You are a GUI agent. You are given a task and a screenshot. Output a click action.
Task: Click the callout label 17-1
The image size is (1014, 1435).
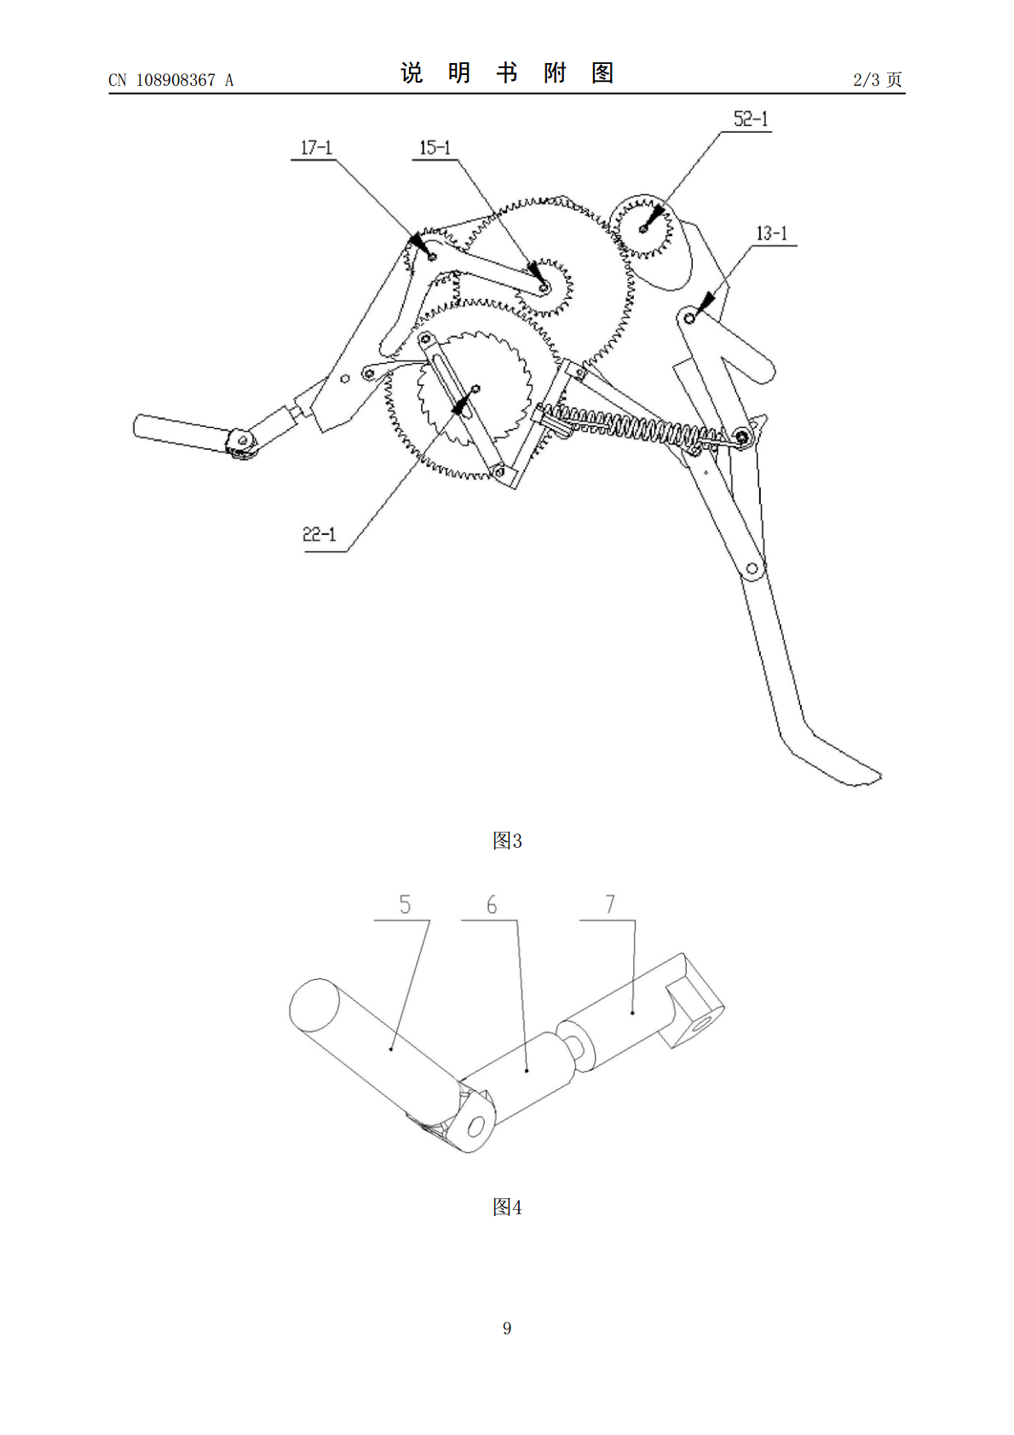point(316,148)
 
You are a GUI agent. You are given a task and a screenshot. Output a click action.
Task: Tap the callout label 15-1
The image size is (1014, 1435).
point(435,148)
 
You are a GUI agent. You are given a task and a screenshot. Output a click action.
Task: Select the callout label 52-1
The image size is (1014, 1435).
point(750,118)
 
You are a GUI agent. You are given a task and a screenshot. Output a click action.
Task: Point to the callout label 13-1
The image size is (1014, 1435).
point(772,233)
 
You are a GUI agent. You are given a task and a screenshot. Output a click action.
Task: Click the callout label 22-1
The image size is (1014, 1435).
point(319,533)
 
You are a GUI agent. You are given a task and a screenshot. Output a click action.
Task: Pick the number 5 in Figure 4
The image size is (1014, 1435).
point(405,904)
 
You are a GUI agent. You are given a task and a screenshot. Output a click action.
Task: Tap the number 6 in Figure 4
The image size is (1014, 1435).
point(492,904)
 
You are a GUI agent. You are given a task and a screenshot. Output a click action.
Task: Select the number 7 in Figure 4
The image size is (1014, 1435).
point(610,904)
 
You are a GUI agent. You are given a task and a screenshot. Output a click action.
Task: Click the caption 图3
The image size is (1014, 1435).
point(507,840)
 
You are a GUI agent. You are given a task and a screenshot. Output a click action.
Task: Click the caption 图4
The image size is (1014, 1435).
point(507,1207)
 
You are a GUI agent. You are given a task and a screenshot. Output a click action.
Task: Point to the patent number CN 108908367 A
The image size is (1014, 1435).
point(171,80)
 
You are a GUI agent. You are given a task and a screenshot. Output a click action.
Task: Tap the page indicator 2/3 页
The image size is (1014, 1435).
point(878,79)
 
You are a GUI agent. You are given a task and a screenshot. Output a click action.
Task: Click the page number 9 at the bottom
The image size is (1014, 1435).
point(507,1328)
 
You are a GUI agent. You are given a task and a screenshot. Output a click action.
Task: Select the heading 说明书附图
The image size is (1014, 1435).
point(507,73)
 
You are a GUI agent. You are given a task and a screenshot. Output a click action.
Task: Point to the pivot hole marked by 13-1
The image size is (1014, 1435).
point(689,318)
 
